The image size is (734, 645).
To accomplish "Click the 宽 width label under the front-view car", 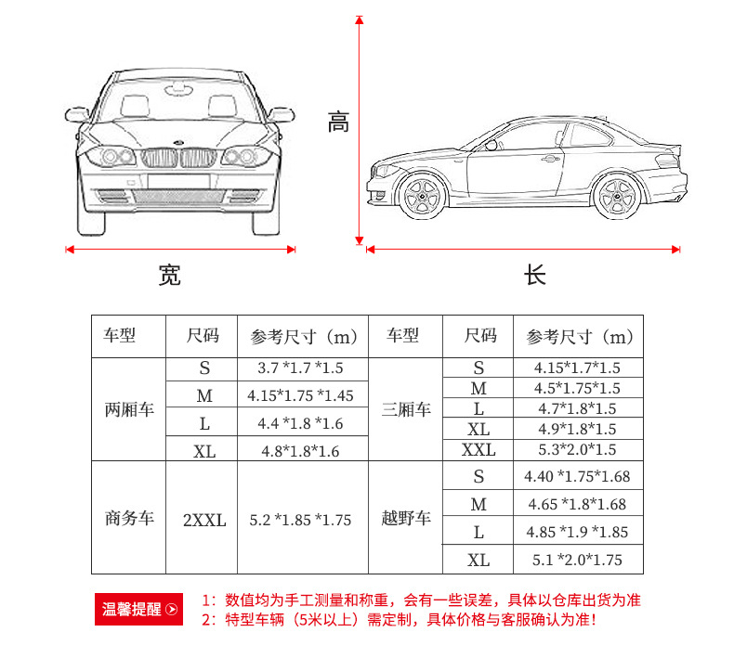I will tap(169, 275).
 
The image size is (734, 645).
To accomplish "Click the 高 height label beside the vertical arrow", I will tap(338, 122).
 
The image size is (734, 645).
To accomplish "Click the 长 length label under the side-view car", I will tap(534, 275).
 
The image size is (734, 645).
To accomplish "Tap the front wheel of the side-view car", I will tap(422, 196).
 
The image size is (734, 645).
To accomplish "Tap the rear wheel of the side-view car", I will tap(614, 196).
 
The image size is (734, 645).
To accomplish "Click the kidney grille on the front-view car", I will tap(180, 158).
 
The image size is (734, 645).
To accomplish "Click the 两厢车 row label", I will tap(128, 409).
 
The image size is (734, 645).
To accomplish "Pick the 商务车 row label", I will tap(128, 518).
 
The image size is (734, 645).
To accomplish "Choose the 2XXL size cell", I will tap(204, 520).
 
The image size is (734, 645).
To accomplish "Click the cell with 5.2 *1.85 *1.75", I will tap(300, 520).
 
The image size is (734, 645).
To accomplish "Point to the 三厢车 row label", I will tap(405, 409).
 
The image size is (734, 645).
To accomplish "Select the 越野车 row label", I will tap(405, 518).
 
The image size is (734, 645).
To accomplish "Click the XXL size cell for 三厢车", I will tap(478, 450).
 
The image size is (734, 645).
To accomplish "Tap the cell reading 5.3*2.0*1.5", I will tap(576, 450).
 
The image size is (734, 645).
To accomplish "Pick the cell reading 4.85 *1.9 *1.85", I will tap(576, 532).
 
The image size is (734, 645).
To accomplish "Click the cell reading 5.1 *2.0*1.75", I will tap(576, 560).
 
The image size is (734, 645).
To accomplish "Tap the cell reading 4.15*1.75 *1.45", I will tap(300, 395).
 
